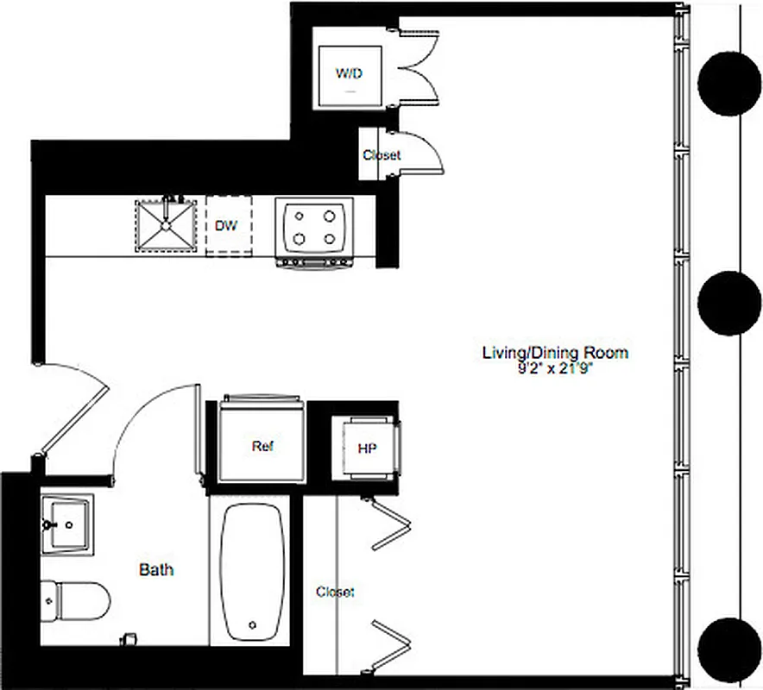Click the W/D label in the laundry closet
[x=349, y=72]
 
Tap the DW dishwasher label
[x=226, y=226]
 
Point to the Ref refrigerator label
[x=262, y=447]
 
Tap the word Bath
[x=156, y=569]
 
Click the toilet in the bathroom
[x=76, y=598]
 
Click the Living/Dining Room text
[x=555, y=352]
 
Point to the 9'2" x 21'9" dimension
[x=554, y=367]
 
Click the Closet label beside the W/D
[x=381, y=155]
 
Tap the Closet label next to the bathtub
[x=335, y=592]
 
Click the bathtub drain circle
[x=252, y=624]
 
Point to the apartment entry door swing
[x=73, y=405]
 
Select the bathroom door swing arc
[x=151, y=423]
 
